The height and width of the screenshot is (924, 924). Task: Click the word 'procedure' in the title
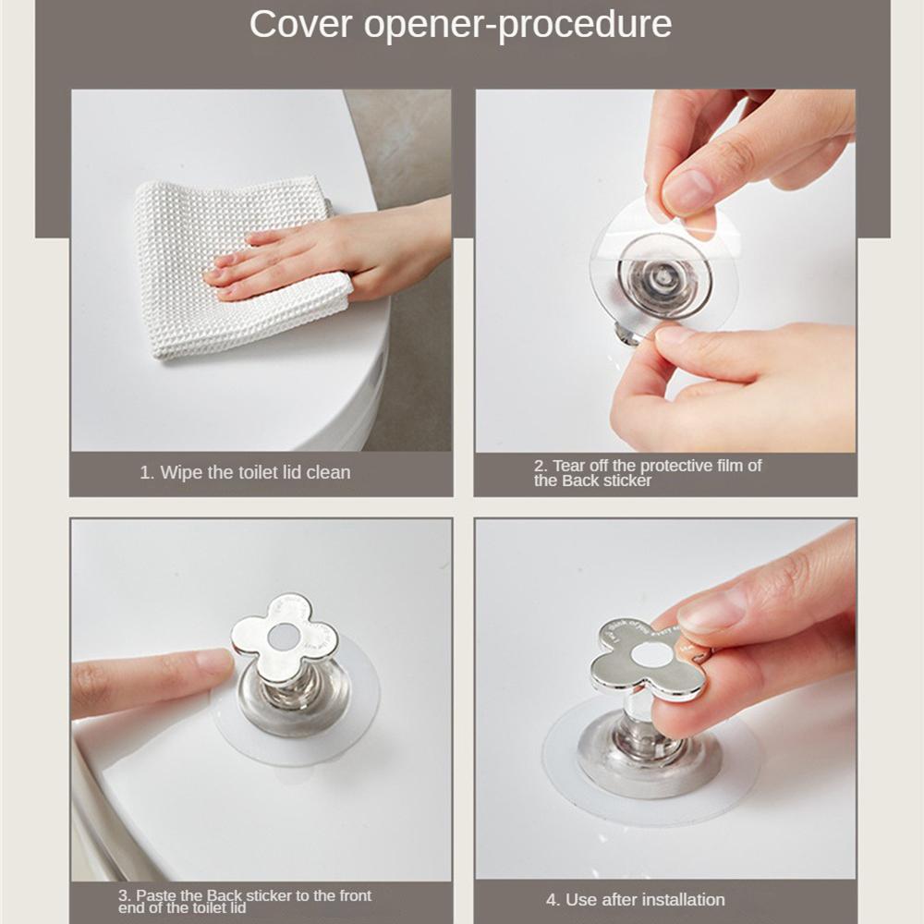click(x=584, y=25)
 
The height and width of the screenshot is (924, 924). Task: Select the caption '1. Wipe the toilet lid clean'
click(x=245, y=472)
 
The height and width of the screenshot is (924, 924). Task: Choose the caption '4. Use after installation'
click(x=635, y=899)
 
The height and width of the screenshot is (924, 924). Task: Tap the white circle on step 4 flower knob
click(x=652, y=652)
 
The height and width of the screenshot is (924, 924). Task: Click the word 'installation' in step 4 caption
click(x=683, y=899)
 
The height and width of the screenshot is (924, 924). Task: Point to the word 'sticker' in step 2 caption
click(x=627, y=480)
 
